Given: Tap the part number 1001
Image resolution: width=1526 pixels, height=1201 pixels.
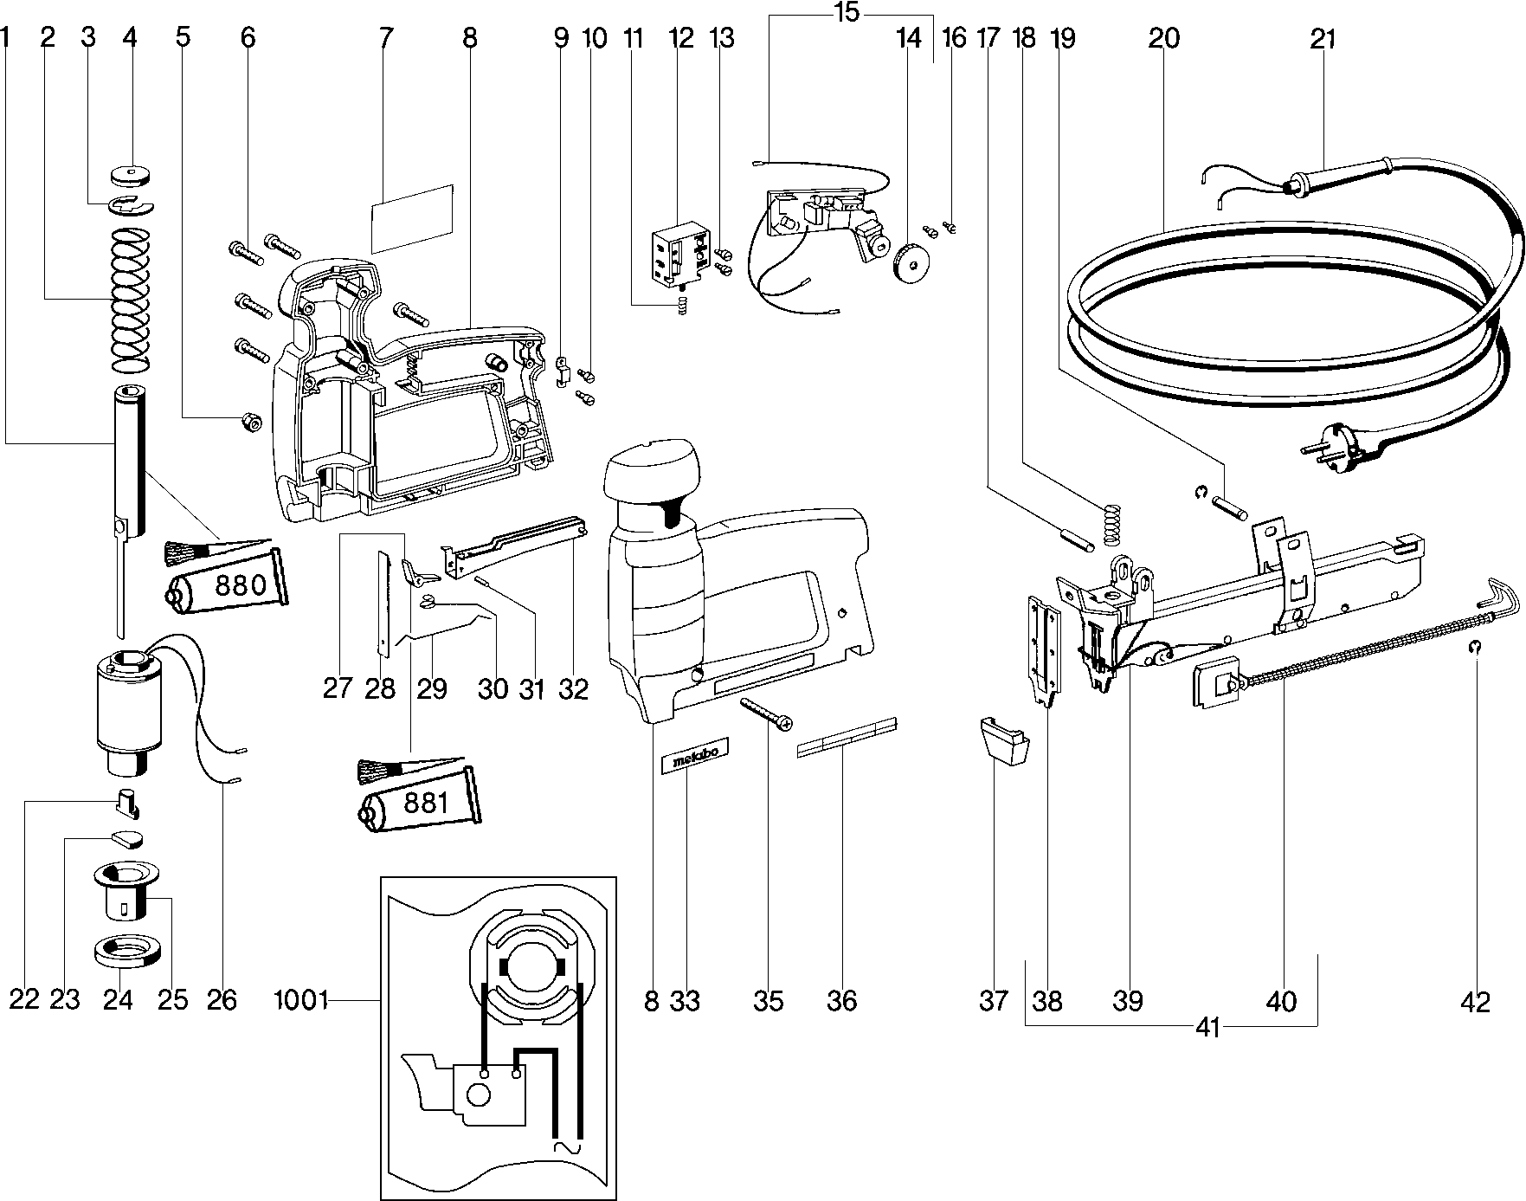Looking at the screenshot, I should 301,1001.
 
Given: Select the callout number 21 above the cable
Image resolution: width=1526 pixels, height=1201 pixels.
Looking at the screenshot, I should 1323,39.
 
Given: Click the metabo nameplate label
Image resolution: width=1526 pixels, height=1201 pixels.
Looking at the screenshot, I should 694,755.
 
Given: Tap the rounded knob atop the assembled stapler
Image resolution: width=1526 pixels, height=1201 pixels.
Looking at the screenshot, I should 649,474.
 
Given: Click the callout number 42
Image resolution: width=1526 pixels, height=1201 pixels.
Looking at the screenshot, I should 1475,1002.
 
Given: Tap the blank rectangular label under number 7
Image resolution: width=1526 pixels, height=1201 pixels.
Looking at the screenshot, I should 412,218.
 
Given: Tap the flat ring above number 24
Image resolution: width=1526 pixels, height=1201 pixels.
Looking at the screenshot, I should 128,951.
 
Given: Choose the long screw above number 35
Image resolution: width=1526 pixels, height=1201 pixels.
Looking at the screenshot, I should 766,715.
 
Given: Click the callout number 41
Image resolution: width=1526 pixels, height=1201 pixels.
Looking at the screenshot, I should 1207,1028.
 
